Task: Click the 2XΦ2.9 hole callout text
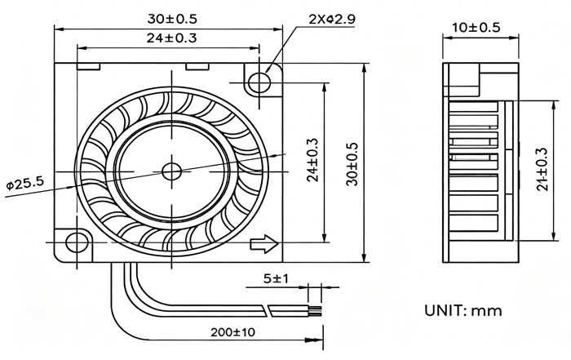coord(332,19)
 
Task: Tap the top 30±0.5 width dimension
coord(172,19)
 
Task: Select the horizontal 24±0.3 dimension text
coord(172,38)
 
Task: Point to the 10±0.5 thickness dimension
coord(476,27)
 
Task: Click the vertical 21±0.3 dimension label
coord(542,169)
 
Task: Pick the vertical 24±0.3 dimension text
coord(312,160)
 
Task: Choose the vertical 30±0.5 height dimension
coord(352,164)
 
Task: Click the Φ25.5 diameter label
coord(24,183)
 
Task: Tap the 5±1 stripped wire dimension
coord(276,278)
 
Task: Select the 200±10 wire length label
coord(233,332)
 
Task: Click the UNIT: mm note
coord(463,310)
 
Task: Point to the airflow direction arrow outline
coord(264,244)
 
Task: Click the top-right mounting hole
coord(259,82)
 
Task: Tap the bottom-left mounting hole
coord(77,242)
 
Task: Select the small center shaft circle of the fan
coord(171,171)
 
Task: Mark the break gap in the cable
coord(268,310)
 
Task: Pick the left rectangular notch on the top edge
coord(88,66)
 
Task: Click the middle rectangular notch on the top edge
coord(197,66)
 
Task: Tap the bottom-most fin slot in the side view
coord(473,224)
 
